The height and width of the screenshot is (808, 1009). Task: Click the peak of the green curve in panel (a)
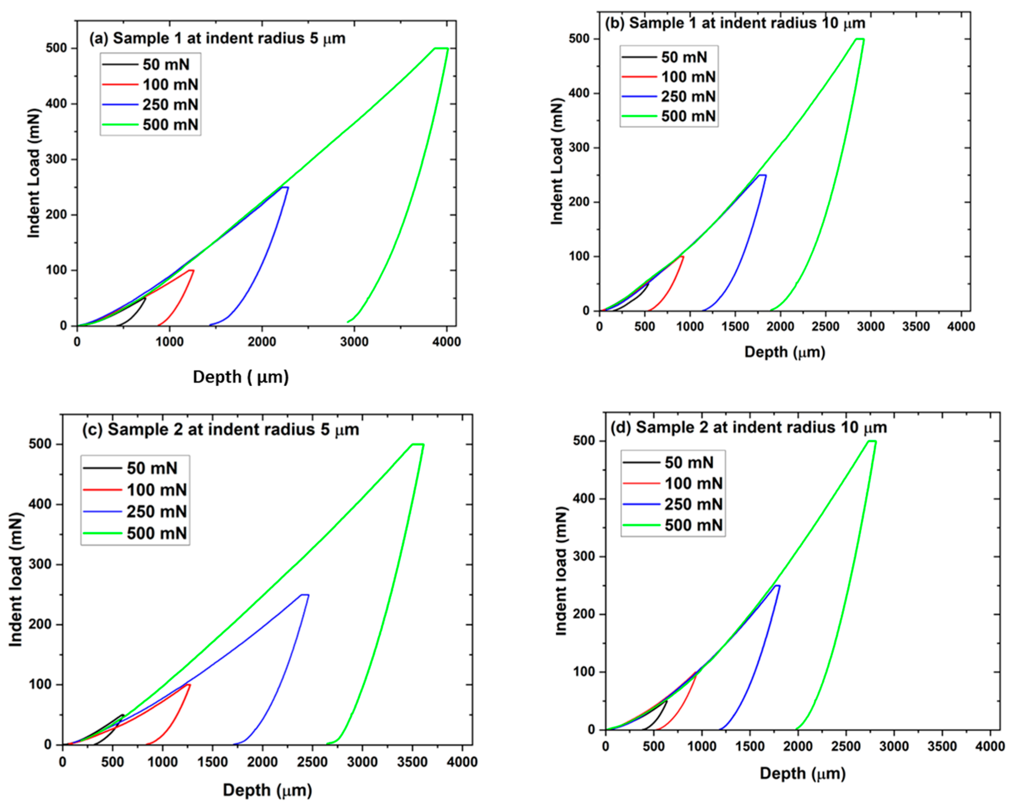pos(441,48)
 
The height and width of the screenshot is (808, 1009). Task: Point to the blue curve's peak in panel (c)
pos(304,595)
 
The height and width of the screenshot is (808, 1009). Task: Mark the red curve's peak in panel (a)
pos(190,271)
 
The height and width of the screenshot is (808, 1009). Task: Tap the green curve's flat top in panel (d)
pos(871,441)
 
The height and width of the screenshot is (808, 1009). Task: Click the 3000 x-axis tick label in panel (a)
pos(354,342)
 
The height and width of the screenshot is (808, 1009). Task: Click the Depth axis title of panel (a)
pos(240,377)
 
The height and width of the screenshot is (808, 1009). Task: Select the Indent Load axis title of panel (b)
pos(557,161)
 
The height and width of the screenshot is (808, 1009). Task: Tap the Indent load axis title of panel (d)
pos(561,571)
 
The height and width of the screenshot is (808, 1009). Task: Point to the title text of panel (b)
pos(735,23)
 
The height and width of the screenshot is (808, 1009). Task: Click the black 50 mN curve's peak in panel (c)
pos(123,715)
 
